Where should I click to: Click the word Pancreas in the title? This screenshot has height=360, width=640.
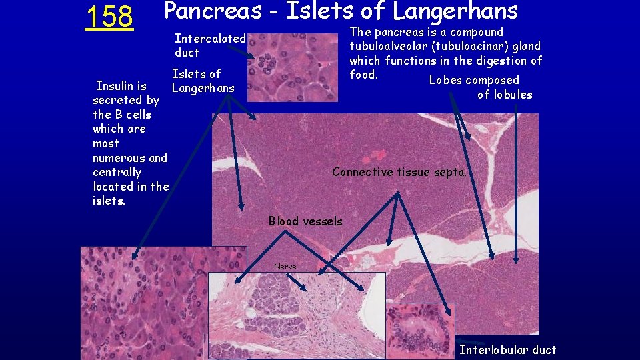(213, 11)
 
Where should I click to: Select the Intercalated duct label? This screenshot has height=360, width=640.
(210, 45)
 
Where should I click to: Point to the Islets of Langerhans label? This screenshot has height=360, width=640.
(203, 81)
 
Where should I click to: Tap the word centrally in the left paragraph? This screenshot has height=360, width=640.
(117, 172)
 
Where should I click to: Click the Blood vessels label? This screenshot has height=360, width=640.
(305, 221)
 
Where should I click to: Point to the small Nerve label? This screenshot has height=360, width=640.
(285, 267)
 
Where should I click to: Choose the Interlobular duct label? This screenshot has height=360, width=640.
(507, 350)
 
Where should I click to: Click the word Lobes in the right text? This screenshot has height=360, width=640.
(445, 81)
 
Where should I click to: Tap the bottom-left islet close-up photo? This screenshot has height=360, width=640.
(143, 303)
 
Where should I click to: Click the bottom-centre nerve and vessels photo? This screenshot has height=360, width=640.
(297, 315)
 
